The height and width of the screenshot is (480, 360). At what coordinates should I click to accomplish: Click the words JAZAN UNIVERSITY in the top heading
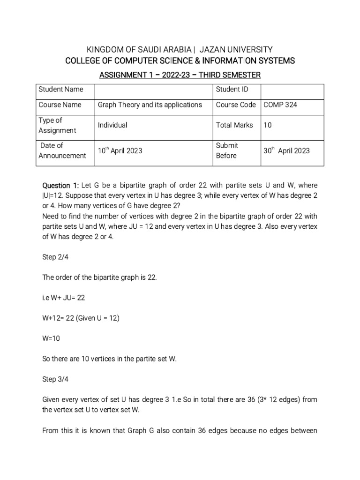tap(237, 49)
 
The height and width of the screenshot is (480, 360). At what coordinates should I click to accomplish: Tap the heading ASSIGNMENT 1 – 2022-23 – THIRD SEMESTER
tap(180, 75)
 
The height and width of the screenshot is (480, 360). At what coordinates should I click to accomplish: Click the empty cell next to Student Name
tap(153, 89)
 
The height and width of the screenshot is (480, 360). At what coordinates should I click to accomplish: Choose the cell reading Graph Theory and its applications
tap(150, 105)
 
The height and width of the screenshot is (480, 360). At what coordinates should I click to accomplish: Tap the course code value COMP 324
tap(280, 105)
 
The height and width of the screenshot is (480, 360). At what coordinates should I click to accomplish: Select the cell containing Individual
tap(112, 125)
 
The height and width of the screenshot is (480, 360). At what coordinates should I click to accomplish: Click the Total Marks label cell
tap(234, 125)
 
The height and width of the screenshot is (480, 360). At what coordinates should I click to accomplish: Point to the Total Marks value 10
tap(267, 125)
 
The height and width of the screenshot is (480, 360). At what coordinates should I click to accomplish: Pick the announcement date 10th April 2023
tap(120, 151)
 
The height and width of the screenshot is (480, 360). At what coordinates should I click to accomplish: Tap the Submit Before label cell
tap(227, 150)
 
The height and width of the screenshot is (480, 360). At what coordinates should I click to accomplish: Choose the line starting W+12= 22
tap(81, 318)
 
